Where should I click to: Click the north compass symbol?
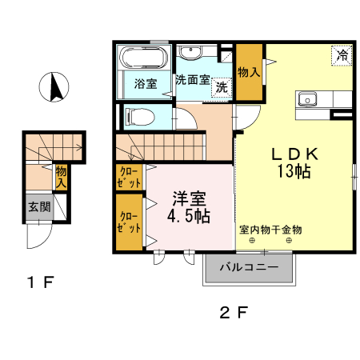point(54,87)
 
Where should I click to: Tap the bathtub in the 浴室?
point(144,58)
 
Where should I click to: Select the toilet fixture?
point(139,117)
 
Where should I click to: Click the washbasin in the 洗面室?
point(190,52)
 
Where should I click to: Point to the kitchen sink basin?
point(307,99)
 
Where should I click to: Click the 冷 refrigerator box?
point(342,55)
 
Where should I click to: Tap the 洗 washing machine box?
point(222,87)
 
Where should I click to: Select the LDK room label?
point(294,154)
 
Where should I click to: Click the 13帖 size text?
point(294,171)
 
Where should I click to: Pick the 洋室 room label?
point(189,198)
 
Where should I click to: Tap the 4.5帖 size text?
point(189,216)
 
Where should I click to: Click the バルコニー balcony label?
point(250,267)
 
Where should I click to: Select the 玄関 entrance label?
point(39,206)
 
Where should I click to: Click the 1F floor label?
point(41,282)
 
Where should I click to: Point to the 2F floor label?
point(234,313)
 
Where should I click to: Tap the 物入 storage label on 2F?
point(249,72)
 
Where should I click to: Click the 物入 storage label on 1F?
point(61,177)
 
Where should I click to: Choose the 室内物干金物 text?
point(270,230)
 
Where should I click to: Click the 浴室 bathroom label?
point(146,84)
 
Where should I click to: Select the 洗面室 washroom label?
point(193,79)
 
